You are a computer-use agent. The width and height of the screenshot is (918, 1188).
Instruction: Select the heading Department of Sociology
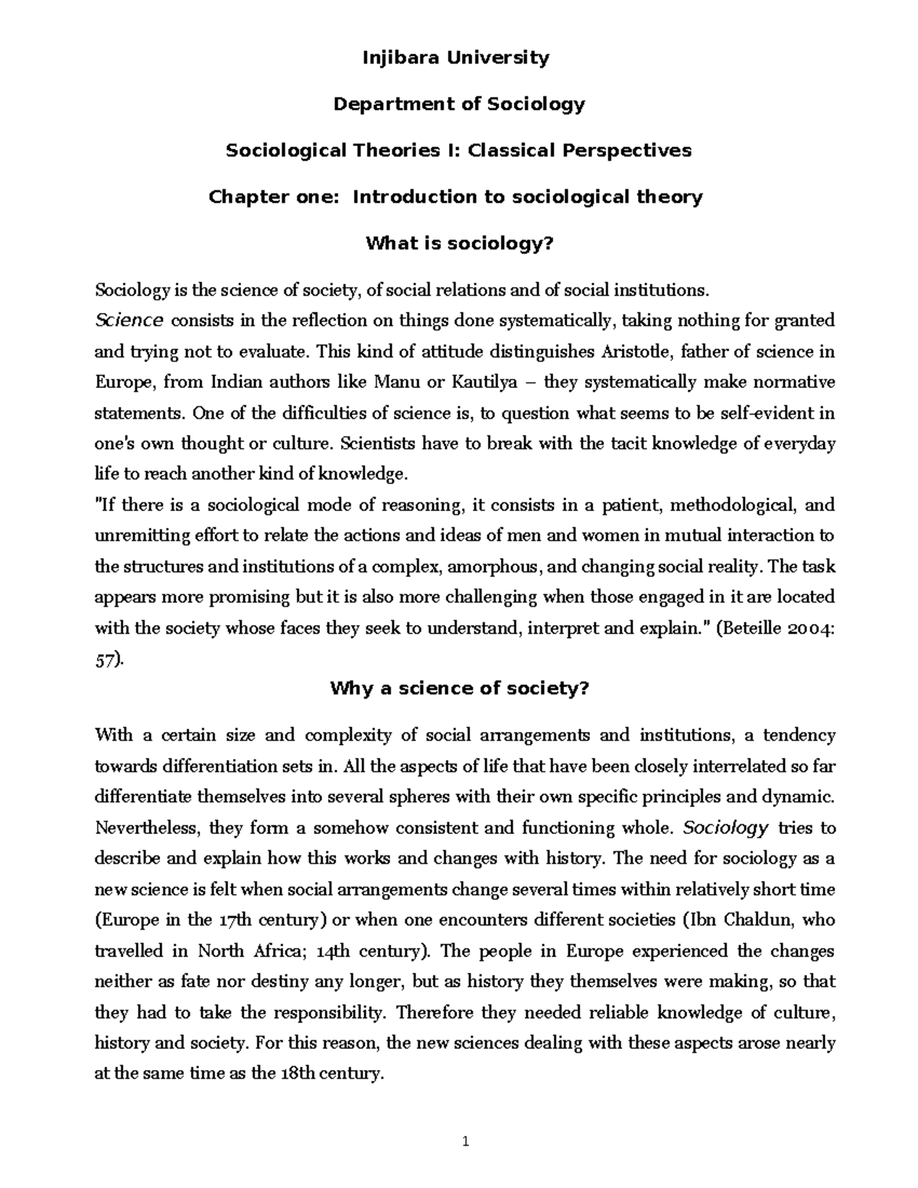tap(459, 104)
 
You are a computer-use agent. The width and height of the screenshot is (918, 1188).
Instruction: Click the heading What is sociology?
tap(459, 244)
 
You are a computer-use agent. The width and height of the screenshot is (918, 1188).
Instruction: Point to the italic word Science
tap(129, 320)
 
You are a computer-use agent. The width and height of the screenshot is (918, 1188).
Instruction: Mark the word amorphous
tap(495, 567)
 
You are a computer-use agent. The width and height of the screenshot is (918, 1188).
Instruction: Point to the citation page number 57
tap(106, 659)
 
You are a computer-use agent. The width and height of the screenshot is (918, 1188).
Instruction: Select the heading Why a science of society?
tap(459, 688)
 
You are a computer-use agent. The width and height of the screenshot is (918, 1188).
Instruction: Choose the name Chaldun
tap(739, 919)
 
